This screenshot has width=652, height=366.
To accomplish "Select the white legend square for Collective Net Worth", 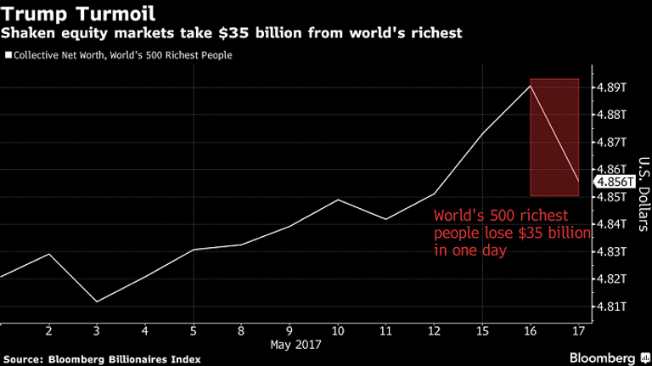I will [x=8, y=56].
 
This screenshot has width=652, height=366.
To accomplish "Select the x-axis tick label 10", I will [x=338, y=329].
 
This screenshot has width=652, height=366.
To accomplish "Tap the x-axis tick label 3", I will [x=97, y=329].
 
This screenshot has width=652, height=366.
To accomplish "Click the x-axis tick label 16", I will [x=531, y=329].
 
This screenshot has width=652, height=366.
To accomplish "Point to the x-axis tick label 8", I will [x=241, y=329].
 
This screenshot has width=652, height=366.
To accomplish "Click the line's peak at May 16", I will [x=531, y=86].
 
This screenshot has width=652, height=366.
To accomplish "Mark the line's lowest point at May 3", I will [x=97, y=302].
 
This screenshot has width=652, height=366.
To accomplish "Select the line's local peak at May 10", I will [x=338, y=200].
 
